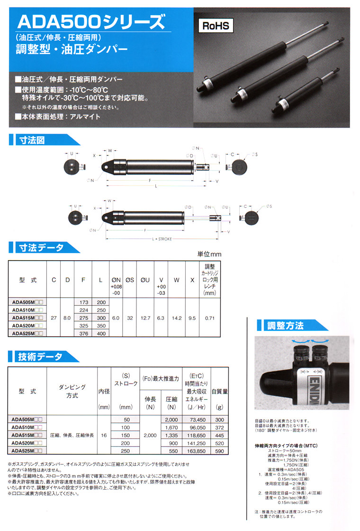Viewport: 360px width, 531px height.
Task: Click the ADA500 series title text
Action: click(90, 22)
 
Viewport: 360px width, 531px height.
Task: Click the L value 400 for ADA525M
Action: click(100, 333)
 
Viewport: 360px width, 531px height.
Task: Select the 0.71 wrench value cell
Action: click(209, 318)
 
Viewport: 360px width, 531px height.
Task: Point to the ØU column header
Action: click(145, 280)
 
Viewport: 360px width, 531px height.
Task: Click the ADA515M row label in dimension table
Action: click(27, 318)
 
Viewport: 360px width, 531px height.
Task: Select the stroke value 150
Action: click(126, 435)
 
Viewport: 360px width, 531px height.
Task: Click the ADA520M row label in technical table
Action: click(27, 443)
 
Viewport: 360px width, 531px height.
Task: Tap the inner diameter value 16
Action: click(104, 435)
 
